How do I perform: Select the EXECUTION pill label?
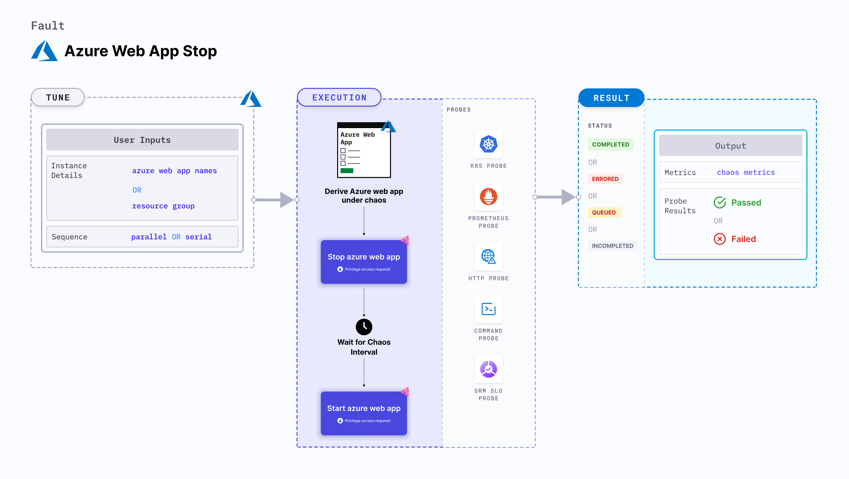click(x=339, y=97)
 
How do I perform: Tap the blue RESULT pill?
click(x=611, y=98)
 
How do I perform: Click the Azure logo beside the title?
click(x=44, y=51)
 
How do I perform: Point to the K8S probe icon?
click(x=488, y=144)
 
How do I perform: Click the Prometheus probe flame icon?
click(x=488, y=197)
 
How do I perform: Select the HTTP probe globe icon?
click(x=488, y=256)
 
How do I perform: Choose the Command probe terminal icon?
click(x=488, y=309)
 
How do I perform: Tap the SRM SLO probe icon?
click(x=488, y=369)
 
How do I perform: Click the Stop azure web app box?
click(x=364, y=262)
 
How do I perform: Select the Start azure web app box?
click(x=364, y=413)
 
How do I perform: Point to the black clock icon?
click(x=364, y=327)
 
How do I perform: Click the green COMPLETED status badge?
click(x=610, y=144)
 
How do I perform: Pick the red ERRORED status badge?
click(x=605, y=179)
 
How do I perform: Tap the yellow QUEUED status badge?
click(x=604, y=212)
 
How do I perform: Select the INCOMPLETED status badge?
click(x=612, y=246)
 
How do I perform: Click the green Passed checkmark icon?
click(x=720, y=202)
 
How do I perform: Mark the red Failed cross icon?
click(x=720, y=239)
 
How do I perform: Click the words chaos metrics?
click(x=746, y=172)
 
